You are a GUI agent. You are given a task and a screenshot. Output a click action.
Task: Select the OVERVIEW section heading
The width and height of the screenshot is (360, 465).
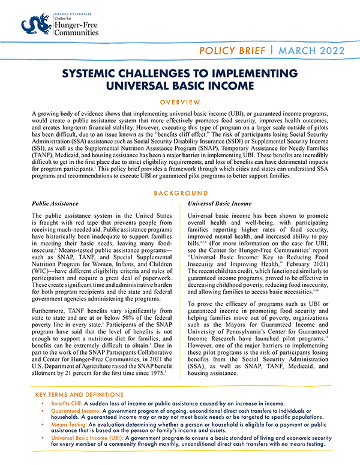(180, 103)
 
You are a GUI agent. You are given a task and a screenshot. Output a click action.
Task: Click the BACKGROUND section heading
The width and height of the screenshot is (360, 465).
(179, 194)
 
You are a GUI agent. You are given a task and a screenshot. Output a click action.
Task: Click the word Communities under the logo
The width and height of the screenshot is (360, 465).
(82, 32)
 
